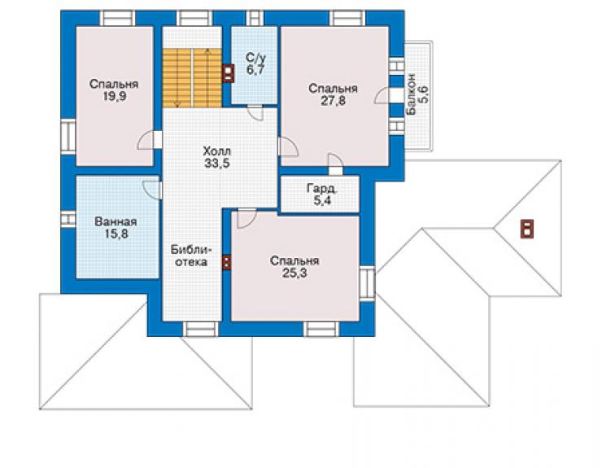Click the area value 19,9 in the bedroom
coord(114,96)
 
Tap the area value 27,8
coord(334,101)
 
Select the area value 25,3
coord(294,273)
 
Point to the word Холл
coord(217,151)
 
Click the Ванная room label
coord(116,221)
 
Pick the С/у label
coord(255,58)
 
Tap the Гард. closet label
coord(322,188)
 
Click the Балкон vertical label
coord(411,94)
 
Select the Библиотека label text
coord(191,256)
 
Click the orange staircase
coord(192,78)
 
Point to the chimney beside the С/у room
coord(228,73)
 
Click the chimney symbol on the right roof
coord(527,228)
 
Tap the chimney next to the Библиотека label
coord(226,263)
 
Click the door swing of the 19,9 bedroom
coord(146,140)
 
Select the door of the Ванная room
coord(151,190)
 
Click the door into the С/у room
coord(255,112)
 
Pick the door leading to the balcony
coord(383,95)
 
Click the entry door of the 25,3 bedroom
coord(246,219)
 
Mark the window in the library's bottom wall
coord(200,330)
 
